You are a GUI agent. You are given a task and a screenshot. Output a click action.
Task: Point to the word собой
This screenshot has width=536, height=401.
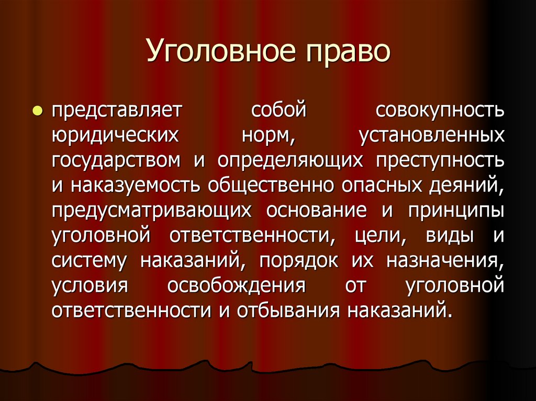[x=278, y=111]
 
